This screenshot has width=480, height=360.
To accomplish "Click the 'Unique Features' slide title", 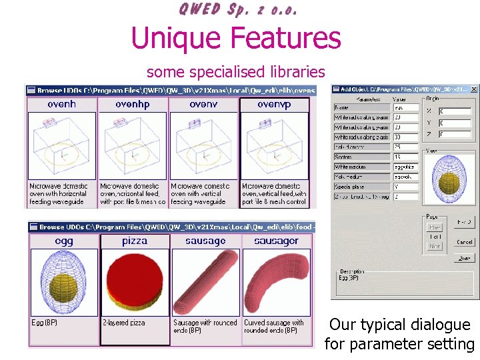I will (x=236, y=38).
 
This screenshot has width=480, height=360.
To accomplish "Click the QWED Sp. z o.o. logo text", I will (x=238, y=9).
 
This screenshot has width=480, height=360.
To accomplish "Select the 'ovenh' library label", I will (x=62, y=104).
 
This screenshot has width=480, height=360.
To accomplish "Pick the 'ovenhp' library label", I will (x=132, y=104).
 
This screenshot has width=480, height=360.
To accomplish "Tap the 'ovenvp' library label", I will (x=274, y=104).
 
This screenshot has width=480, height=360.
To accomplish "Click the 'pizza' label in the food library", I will (x=135, y=241).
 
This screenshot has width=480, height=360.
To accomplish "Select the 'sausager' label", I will (x=275, y=241).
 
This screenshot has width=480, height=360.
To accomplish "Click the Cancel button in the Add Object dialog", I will (x=465, y=242).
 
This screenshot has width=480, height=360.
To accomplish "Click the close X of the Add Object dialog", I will (x=474, y=89).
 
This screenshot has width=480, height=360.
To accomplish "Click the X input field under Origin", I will (x=454, y=111).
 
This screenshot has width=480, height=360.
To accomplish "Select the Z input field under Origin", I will (x=454, y=134).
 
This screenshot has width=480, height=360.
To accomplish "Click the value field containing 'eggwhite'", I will (x=405, y=167).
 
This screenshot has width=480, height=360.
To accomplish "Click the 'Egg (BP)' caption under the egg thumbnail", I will (x=45, y=323).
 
